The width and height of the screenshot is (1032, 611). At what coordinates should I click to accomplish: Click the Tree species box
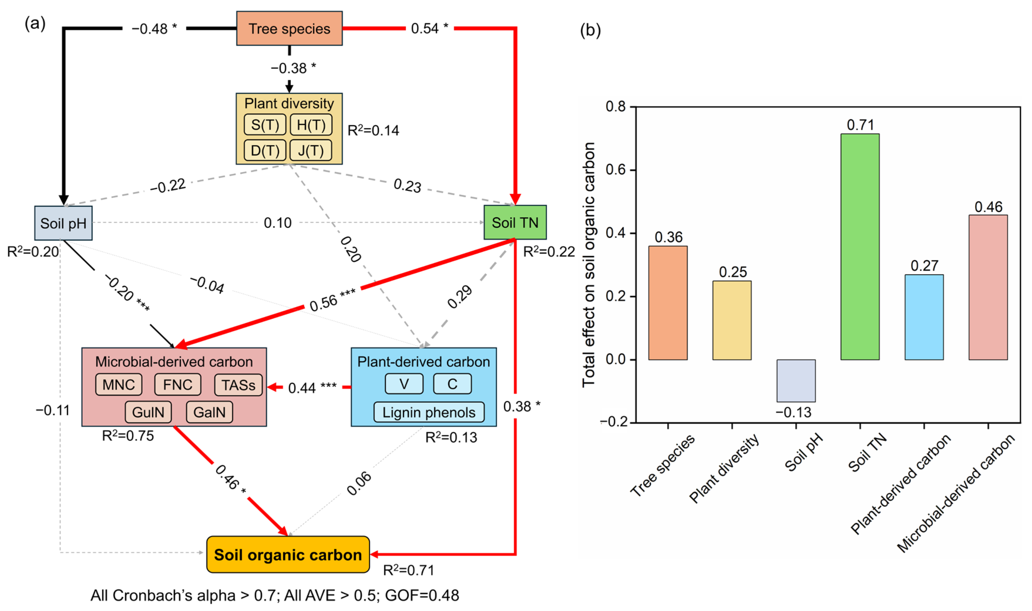point(289,28)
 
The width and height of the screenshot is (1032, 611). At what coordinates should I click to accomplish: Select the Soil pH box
point(63,223)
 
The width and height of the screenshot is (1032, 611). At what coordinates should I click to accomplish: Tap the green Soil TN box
point(515,222)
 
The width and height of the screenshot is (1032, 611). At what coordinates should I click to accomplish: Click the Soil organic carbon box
point(288,555)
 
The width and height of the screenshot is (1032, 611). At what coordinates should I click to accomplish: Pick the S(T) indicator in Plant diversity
point(265,125)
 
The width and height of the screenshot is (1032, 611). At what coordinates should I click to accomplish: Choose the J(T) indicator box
point(311,150)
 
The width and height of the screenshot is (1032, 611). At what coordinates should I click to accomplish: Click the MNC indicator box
point(119,385)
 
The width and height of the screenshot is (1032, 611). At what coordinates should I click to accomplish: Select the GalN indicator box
point(209,412)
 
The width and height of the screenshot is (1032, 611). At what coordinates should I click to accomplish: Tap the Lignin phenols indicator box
point(429,413)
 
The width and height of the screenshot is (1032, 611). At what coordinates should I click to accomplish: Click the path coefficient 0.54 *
point(429,28)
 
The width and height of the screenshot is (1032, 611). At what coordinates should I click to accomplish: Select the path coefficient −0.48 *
point(154,29)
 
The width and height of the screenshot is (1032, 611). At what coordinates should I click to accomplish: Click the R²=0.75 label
point(128,436)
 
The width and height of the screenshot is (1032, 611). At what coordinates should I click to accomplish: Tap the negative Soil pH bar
point(796,381)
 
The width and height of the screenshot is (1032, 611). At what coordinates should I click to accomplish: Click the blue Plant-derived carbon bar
point(924,317)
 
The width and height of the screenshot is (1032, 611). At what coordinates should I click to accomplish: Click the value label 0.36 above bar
point(668,237)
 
